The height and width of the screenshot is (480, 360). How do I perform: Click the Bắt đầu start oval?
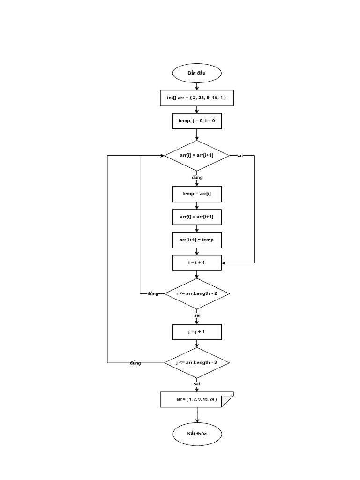(196, 73)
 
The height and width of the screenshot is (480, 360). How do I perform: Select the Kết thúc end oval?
(196, 434)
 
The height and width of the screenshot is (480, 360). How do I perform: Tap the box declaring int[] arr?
(196, 98)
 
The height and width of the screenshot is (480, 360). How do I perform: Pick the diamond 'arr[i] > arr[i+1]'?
(196, 155)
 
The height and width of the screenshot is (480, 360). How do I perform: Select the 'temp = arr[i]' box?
(196, 194)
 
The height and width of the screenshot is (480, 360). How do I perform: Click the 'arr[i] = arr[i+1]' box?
(196, 217)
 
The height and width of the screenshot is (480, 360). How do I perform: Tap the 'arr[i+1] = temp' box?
(196, 240)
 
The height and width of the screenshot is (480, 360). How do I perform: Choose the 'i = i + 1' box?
(196, 262)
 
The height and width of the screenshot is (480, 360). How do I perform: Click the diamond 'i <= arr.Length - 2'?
(196, 293)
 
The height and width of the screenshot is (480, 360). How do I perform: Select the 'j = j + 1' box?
(196, 332)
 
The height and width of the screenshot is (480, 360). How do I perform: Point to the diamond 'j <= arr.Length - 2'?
(196, 363)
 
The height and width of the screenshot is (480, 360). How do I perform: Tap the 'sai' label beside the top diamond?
(240, 155)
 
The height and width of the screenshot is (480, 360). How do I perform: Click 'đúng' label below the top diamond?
(197, 178)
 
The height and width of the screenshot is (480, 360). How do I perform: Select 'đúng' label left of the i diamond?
(153, 294)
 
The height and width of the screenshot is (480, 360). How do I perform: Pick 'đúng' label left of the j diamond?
(135, 363)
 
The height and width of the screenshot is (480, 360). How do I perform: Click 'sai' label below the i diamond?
(197, 315)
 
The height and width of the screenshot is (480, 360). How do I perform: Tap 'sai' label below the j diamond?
(197, 384)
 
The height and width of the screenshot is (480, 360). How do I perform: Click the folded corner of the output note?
(228, 402)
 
